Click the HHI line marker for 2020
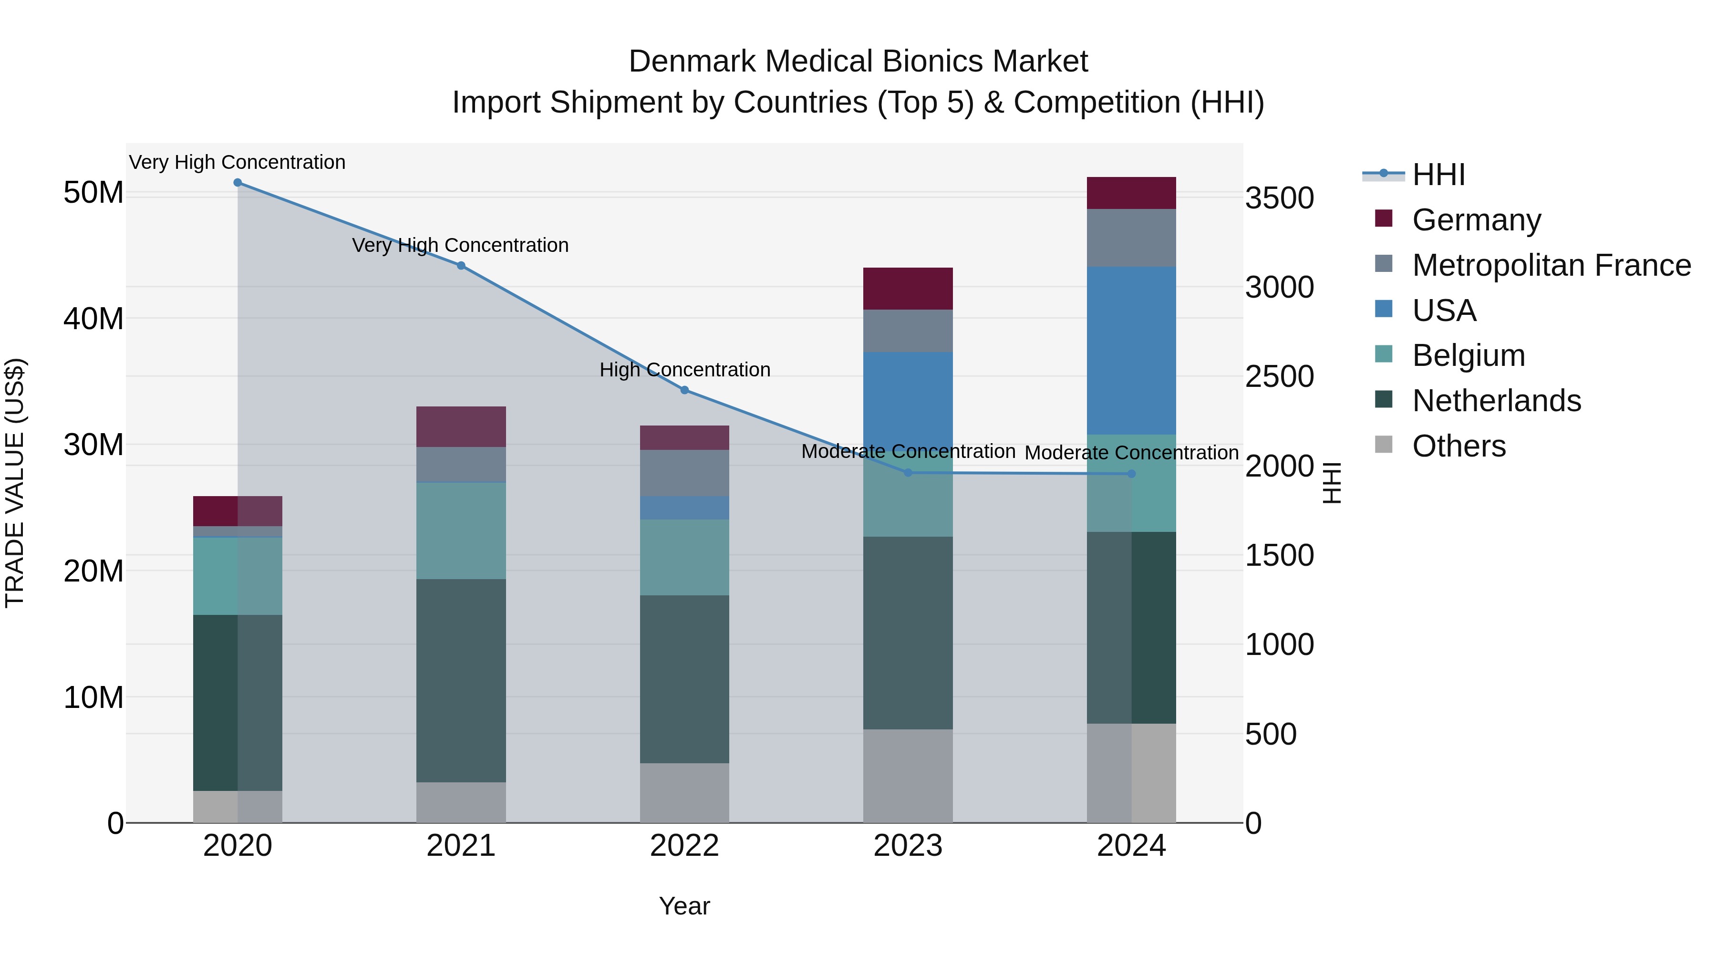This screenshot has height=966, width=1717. click(238, 183)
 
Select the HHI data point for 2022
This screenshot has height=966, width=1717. click(684, 390)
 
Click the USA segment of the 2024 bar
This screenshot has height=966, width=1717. click(1131, 351)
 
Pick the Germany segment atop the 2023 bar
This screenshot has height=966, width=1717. click(908, 289)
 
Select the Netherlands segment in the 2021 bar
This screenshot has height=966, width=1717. click(461, 680)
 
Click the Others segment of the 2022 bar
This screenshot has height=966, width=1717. click(684, 793)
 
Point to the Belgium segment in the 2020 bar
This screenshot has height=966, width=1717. click(238, 576)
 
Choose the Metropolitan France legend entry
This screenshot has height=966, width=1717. click(1551, 265)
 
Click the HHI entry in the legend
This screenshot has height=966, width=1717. click(1438, 175)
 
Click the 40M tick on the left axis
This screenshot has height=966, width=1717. click(93, 319)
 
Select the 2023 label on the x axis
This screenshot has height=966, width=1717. click(908, 846)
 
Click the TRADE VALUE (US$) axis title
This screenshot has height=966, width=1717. click(15, 483)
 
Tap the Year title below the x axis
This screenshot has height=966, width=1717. click(684, 906)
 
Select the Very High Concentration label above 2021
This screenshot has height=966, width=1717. click(461, 245)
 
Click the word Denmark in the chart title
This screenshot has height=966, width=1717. click(693, 62)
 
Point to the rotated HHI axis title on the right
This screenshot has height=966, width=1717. click(1331, 483)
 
